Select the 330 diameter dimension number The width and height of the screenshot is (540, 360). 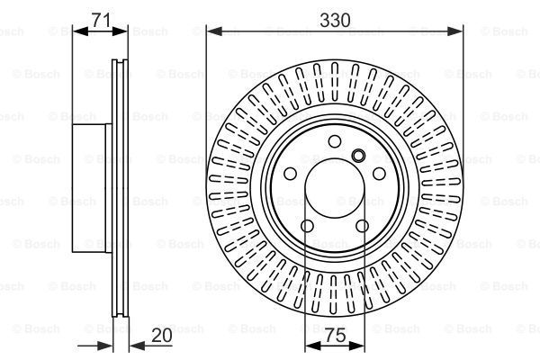[335, 16]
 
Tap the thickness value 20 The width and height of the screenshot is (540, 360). [162, 336]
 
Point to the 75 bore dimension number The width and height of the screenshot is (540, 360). [335, 336]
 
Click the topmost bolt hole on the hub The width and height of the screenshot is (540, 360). [335, 141]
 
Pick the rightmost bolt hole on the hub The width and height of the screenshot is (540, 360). [380, 175]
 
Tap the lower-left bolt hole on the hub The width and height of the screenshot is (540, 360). [307, 227]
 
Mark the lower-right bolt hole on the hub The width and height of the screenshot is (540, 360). [363, 227]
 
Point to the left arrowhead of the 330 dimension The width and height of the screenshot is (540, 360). [212, 31]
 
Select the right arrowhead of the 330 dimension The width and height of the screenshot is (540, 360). [459, 31]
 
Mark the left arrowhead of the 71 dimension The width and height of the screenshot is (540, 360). [76, 31]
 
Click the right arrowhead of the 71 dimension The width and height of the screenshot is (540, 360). [122, 31]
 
